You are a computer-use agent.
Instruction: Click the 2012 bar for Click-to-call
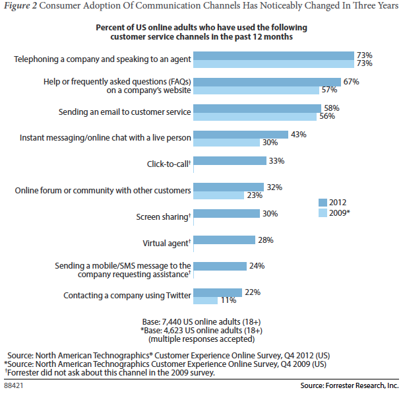point(231,160)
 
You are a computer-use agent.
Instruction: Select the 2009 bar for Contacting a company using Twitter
point(207,300)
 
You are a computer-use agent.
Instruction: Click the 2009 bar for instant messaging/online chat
point(228,142)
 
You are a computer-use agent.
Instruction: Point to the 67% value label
point(351,81)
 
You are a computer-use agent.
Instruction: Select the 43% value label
point(299,134)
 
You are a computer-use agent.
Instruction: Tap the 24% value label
point(256,266)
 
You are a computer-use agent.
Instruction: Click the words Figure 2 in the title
point(21,9)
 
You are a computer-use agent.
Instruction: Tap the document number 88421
point(15,383)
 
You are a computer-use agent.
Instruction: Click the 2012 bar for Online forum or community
point(230,187)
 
